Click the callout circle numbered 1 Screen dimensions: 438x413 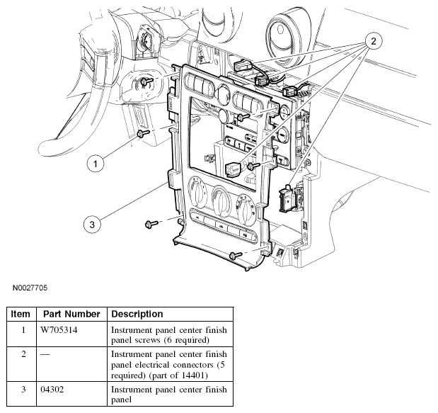click(96, 164)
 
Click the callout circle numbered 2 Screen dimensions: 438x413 click(374, 41)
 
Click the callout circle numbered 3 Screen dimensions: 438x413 click(92, 225)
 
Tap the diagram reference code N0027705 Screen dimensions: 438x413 click(30, 288)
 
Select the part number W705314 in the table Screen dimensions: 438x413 click(59, 330)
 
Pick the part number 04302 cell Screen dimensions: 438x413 click(52, 389)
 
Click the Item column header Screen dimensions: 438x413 click(21, 314)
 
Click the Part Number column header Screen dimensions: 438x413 click(71, 314)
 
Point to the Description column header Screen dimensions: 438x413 click(137, 314)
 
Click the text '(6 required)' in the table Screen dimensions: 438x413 click(187, 340)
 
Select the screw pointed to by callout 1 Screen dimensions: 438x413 click(143, 133)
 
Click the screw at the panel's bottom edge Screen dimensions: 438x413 click(236, 255)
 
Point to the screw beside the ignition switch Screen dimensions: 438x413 click(146, 81)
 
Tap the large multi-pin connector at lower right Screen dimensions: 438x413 click(287, 199)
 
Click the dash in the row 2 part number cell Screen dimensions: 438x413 click(45, 355)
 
